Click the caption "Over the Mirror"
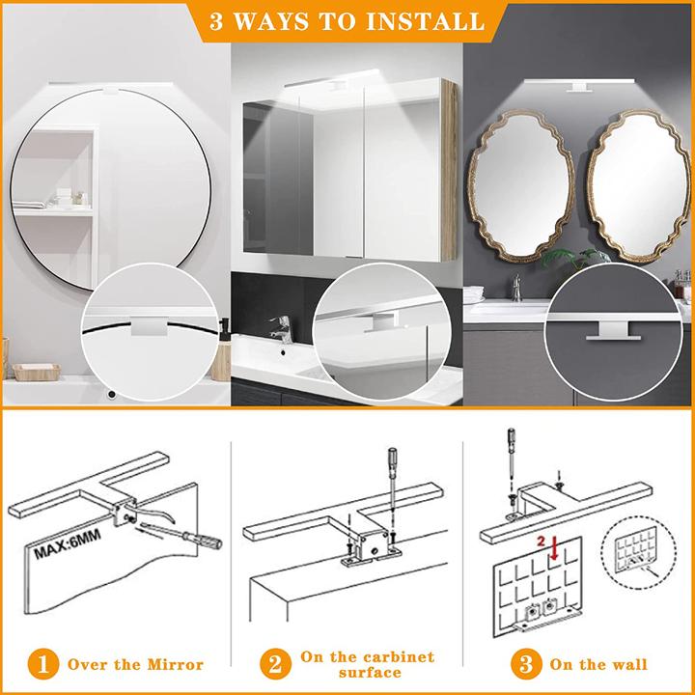134,664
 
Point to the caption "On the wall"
598,664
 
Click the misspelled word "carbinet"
386,655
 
